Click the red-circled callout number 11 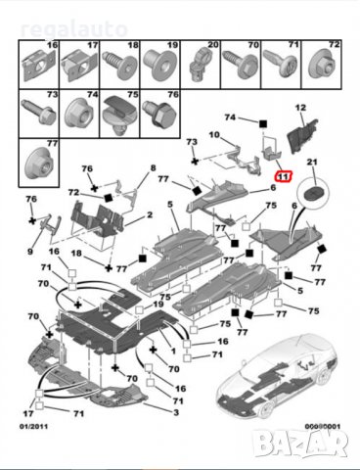click(x=283, y=177)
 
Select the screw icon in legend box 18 click(x=126, y=65)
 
